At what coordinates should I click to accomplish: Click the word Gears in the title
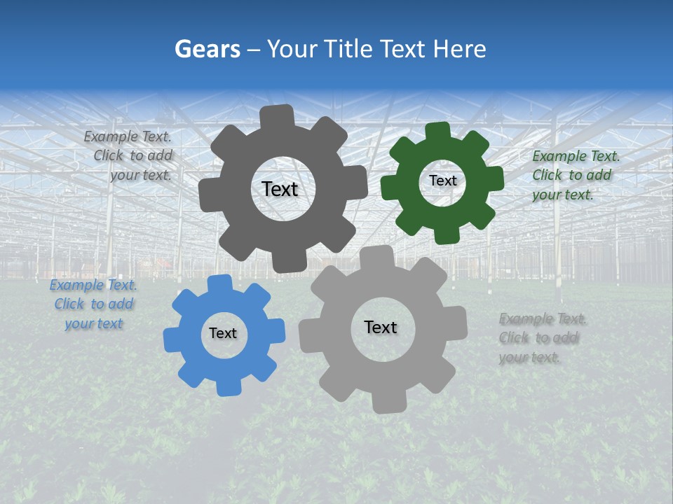tap(207, 49)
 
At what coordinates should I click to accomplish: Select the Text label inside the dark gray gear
tap(280, 189)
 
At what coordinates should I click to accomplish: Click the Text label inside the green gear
tap(442, 181)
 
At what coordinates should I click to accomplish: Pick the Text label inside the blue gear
tap(223, 333)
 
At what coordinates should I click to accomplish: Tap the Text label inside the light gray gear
tap(381, 327)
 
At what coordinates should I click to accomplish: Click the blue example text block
tap(93, 304)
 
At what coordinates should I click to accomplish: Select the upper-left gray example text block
tap(130, 155)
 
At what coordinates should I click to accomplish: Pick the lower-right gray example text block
tap(542, 338)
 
